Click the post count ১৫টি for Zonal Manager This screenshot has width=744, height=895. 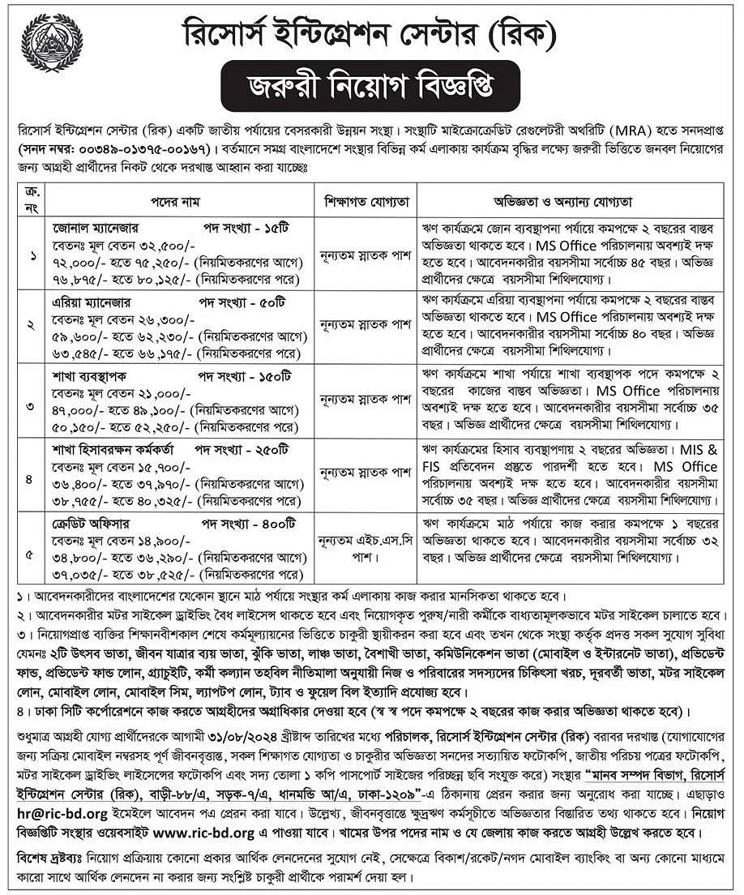(x=292, y=223)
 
